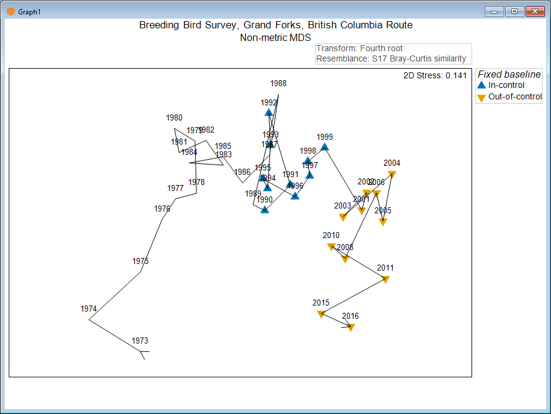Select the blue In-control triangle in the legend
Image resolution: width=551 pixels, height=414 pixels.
[481, 85]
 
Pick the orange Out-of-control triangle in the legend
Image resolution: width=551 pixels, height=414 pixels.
[481, 98]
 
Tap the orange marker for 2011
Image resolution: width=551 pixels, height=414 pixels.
[385, 279]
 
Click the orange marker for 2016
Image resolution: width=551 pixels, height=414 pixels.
[350, 327]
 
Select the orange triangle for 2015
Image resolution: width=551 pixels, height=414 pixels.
[321, 314]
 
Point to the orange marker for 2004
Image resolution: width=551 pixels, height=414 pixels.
[392, 174]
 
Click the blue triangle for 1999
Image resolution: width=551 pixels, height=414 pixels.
[325, 146]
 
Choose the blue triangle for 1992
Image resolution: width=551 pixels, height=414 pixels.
[269, 112]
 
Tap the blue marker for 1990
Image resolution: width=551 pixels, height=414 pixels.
[264, 210]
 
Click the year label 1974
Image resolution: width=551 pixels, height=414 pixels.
[89, 309]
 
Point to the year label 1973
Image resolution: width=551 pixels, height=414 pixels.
[140, 341]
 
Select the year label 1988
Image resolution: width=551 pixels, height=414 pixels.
[278, 84]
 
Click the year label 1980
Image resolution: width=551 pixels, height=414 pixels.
[174, 118]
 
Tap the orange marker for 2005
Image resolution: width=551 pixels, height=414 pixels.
[382, 222]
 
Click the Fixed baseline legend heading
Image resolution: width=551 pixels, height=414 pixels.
[509, 75]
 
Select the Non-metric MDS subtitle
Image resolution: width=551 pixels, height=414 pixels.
[275, 37]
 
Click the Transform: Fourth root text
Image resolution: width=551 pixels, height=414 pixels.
[360, 49]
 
